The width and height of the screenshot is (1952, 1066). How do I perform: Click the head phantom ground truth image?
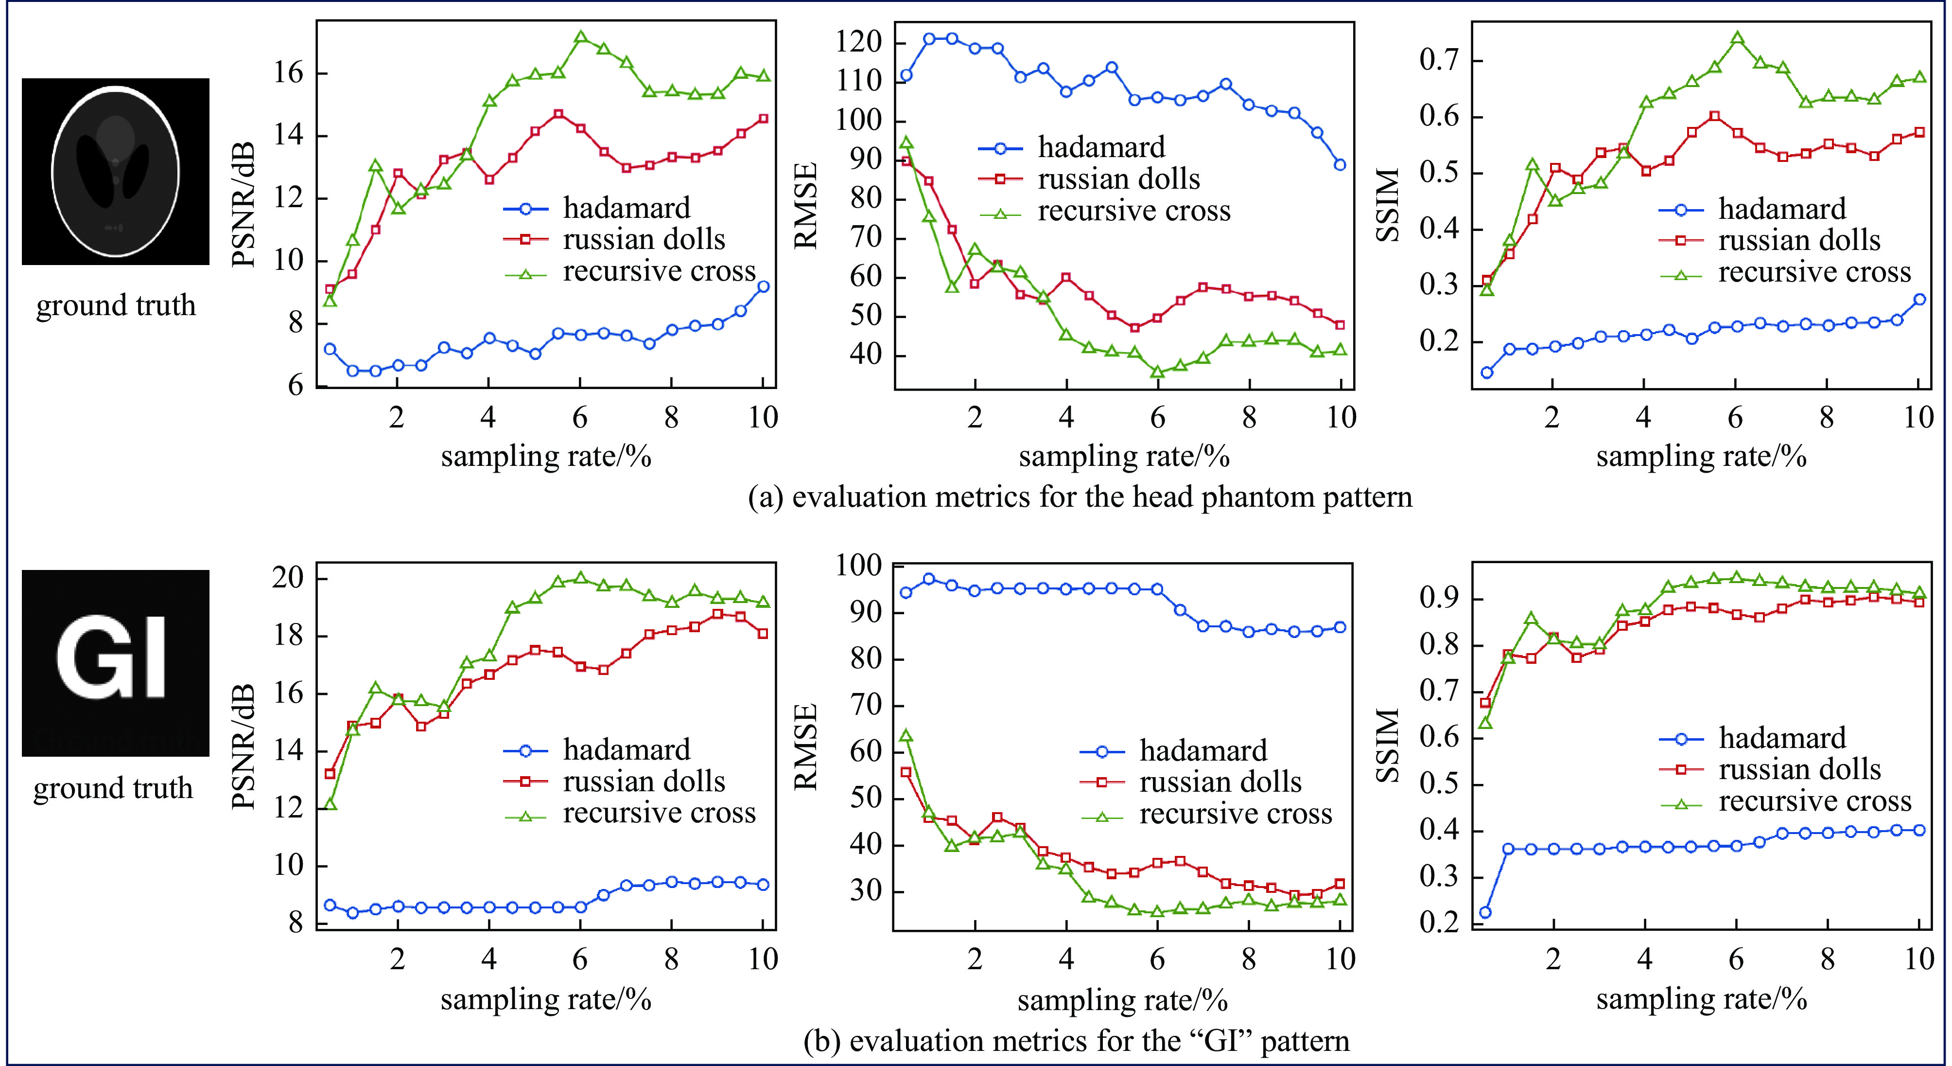[x=115, y=171]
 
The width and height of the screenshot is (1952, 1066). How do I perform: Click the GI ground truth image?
[x=115, y=663]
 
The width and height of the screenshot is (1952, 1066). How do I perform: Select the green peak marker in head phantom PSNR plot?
[x=580, y=37]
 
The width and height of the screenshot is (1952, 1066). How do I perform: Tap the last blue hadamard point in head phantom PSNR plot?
[x=763, y=286]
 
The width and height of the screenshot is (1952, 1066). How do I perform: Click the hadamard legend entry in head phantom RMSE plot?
[x=1100, y=147]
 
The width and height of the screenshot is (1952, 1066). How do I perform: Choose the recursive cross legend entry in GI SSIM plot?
[x=1814, y=801]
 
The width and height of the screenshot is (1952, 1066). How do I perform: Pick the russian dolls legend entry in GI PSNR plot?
[x=644, y=782]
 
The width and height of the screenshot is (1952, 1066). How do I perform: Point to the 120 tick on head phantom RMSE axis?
[x=858, y=42]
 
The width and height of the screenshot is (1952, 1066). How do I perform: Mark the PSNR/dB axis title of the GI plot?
[x=243, y=747]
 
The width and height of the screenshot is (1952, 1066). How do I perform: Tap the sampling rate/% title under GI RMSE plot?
[x=1122, y=1000]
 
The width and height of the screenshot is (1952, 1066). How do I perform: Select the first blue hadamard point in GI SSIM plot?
[x=1485, y=912]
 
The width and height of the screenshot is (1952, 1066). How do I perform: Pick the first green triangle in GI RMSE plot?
[x=906, y=735]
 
